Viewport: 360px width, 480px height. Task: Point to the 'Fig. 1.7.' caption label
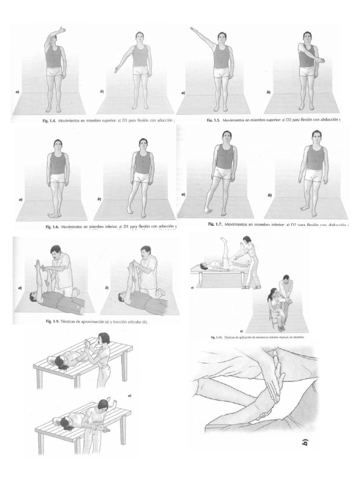point(215,224)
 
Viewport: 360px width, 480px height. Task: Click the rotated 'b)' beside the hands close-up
point(305,442)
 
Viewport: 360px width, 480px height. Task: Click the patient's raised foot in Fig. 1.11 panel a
point(224,240)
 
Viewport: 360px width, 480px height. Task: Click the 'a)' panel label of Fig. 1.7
point(183,194)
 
